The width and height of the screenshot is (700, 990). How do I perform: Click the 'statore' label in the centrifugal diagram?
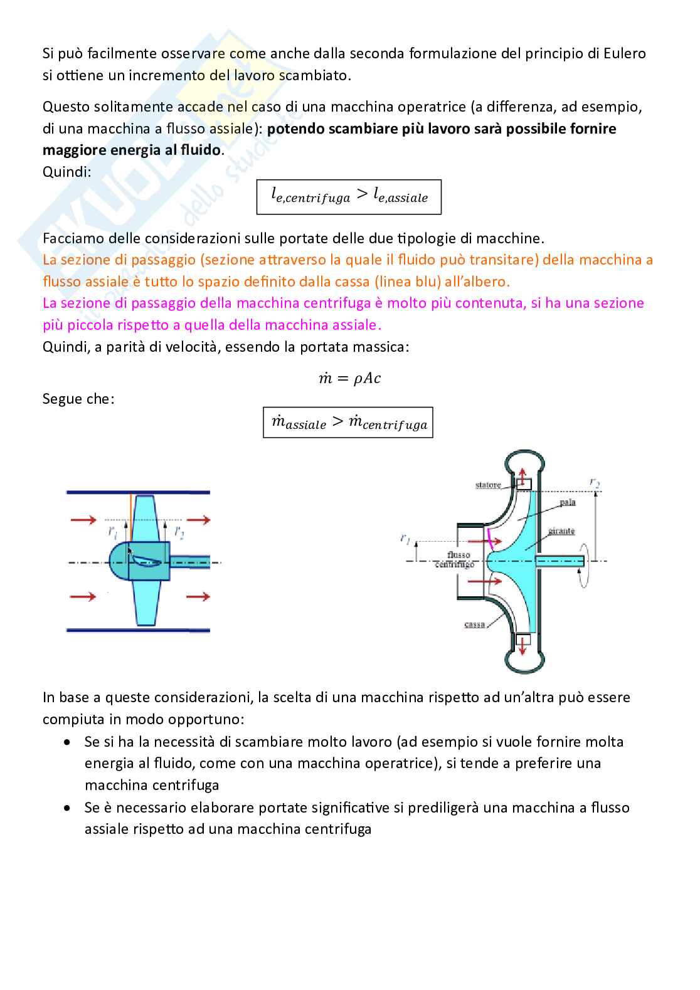click(488, 485)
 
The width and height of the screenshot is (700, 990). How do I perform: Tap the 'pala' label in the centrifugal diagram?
click(567, 503)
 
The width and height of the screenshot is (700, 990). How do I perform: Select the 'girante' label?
click(561, 531)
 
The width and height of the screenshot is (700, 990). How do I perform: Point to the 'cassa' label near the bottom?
click(475, 624)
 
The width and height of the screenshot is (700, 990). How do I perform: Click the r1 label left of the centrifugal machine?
click(406, 538)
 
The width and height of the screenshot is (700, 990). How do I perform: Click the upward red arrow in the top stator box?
click(522, 478)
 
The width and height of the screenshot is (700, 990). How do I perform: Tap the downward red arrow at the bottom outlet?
click(521, 643)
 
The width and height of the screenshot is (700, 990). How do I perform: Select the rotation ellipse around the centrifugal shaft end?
click(585, 561)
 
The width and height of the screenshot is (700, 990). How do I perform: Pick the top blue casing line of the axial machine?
click(138, 492)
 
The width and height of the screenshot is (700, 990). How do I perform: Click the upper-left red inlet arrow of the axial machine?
click(83, 520)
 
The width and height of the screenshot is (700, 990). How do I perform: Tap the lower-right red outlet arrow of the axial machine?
click(198, 596)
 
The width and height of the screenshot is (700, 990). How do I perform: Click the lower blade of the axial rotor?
click(146, 602)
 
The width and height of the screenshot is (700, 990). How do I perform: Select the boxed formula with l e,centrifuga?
click(349, 197)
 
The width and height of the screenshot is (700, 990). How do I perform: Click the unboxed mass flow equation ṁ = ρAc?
click(349, 378)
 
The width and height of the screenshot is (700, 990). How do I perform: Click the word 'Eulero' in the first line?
click(625, 53)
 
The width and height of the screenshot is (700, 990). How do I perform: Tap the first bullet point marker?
click(67, 742)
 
